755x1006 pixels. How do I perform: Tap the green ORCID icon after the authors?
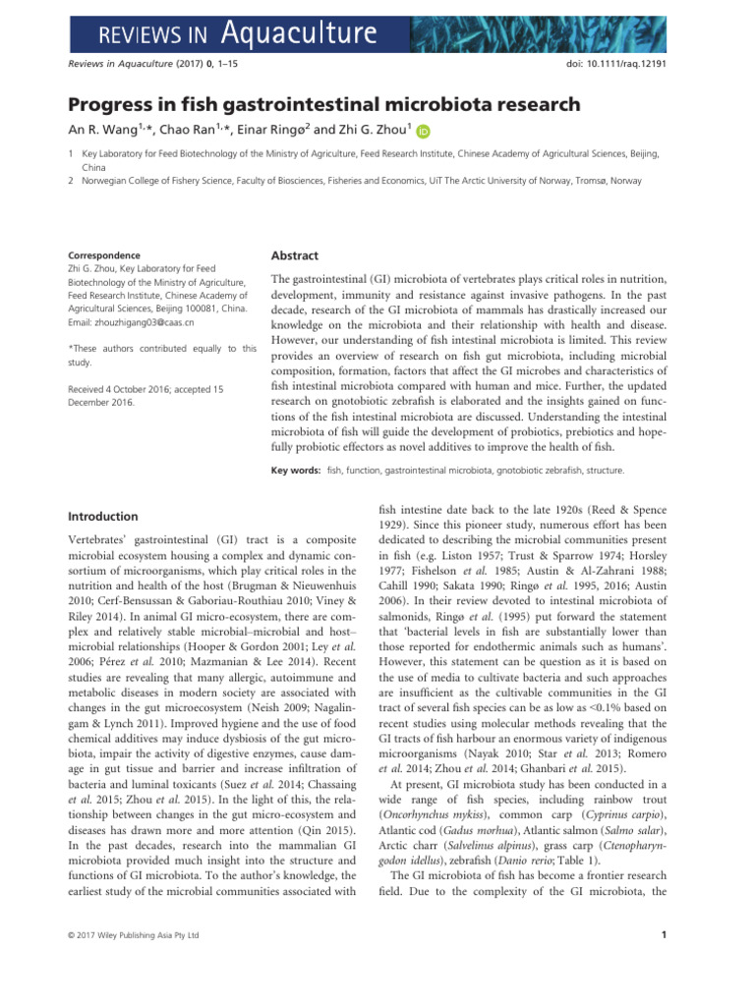424,131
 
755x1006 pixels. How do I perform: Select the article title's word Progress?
117,104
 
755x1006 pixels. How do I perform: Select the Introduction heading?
102,516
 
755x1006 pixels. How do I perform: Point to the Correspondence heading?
103,255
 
